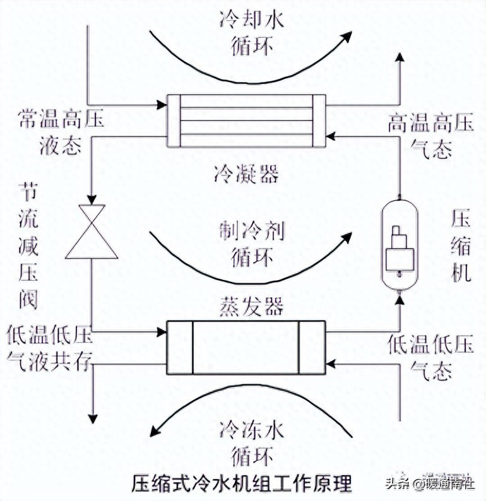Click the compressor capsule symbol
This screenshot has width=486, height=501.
tap(399, 246)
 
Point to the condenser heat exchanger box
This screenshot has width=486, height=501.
tap(246, 119)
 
